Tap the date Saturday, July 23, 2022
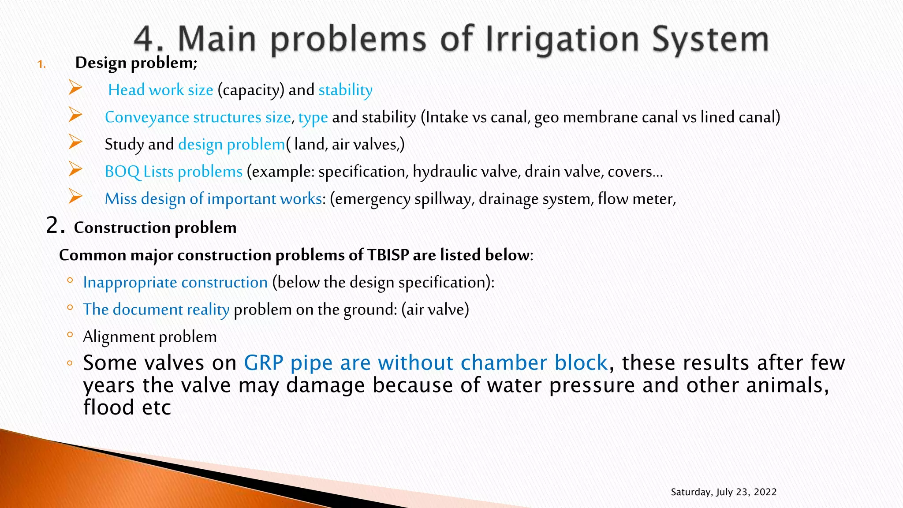coord(723,492)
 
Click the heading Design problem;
coord(136,63)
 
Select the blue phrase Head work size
coord(160,90)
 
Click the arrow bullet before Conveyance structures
coord(75,116)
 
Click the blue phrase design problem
coord(231,145)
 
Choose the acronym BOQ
coord(122,172)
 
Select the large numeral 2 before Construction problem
coord(52,226)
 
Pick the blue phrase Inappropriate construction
coord(175,282)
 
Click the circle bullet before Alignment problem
coord(70,335)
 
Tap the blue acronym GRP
coord(263,363)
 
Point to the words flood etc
coord(127,407)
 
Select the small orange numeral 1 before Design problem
coord(41,65)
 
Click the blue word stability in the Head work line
coord(345,90)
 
